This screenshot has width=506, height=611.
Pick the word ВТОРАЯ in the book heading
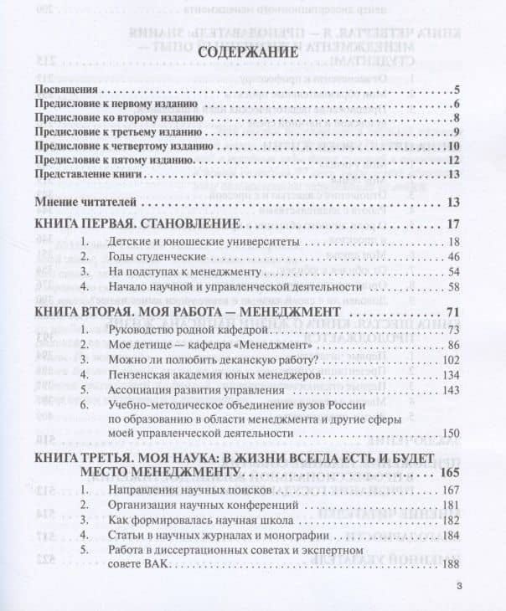(x=116, y=312)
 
